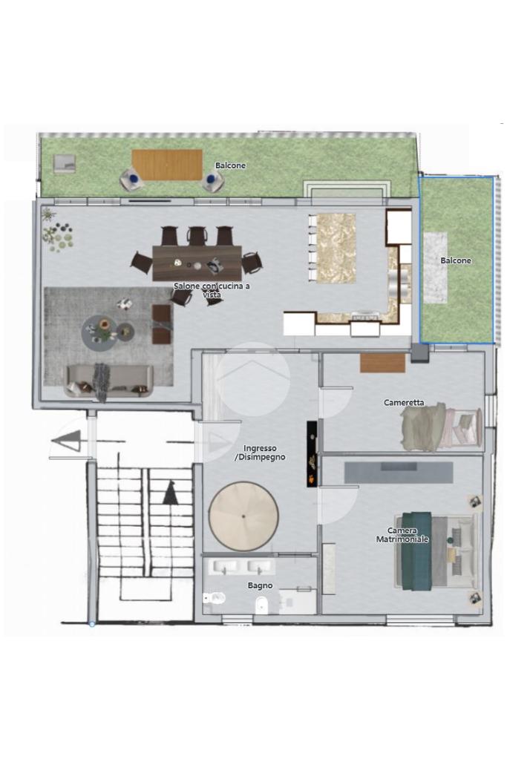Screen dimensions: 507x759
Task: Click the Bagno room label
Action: point(260,585)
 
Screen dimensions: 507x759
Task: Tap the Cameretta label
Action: point(404,402)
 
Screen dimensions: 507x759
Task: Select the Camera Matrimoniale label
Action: point(402,535)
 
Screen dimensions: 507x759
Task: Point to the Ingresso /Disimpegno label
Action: point(260,453)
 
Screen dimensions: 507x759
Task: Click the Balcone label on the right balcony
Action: point(456,260)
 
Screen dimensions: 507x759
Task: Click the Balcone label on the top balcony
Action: point(231,165)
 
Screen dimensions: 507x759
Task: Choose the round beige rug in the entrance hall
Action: point(243,516)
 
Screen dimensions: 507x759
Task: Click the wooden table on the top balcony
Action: point(167,165)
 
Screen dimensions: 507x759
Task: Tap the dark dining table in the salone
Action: point(197,263)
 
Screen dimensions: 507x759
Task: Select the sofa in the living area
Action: point(109,381)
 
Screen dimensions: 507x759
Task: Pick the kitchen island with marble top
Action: point(333,248)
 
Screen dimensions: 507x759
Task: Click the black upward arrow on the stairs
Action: point(170,493)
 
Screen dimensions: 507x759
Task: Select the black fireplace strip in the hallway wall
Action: point(313,453)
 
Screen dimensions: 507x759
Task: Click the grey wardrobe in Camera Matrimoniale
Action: point(399,473)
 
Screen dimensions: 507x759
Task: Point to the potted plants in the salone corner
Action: point(58,232)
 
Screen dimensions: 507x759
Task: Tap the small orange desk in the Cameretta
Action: point(382,363)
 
